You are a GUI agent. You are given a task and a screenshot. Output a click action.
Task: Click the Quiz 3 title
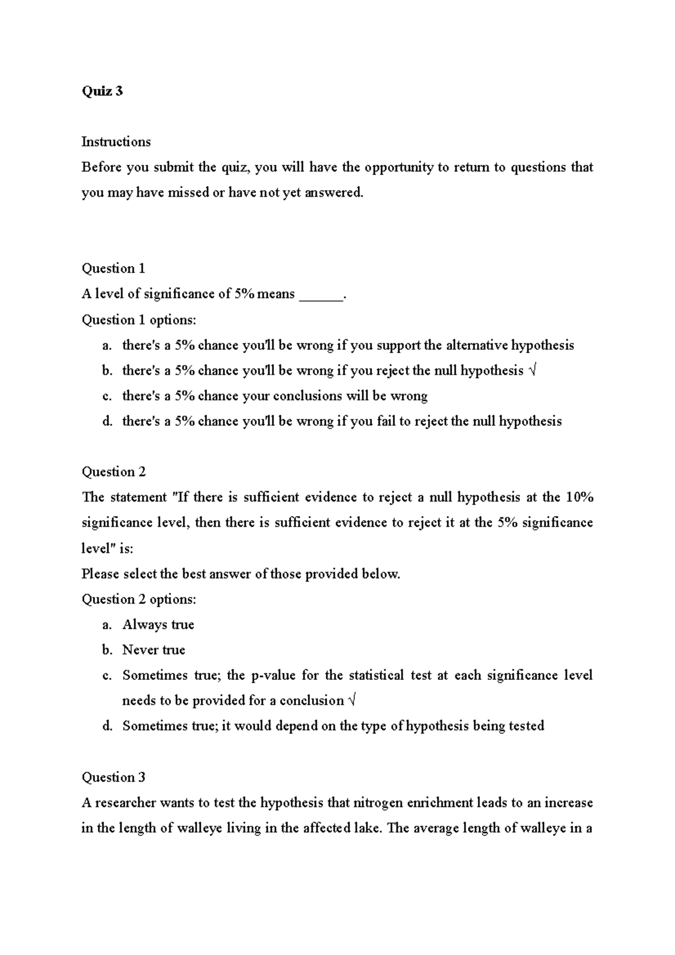tap(102, 91)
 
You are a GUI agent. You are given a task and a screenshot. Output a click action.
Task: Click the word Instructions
tap(116, 142)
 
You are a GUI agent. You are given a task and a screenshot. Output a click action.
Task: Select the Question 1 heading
tap(114, 268)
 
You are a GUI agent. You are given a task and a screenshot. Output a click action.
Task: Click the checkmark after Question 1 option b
tap(533, 371)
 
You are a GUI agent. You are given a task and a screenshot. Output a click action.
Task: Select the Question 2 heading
tap(114, 472)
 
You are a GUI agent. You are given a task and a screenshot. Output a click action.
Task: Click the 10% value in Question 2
tap(579, 497)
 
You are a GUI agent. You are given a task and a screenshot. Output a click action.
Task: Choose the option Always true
tap(158, 624)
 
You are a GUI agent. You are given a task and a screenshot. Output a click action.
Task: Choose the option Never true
tap(154, 650)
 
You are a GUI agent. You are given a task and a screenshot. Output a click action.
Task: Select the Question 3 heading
tap(114, 777)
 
